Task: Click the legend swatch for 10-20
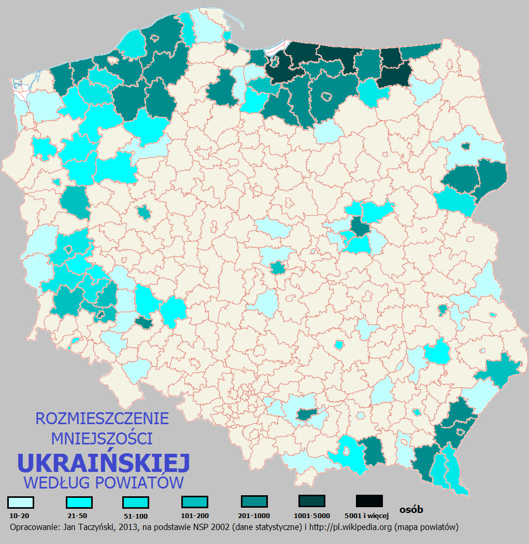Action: (21, 503)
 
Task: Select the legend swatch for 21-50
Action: (79, 503)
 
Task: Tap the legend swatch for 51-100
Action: (136, 503)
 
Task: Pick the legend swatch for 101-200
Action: (195, 502)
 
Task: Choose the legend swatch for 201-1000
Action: (254, 501)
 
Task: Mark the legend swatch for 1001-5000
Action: (312, 501)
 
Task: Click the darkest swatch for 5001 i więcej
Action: (369, 501)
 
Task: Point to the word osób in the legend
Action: (411, 510)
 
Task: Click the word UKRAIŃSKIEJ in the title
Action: (104, 461)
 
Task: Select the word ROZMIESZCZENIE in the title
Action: (102, 419)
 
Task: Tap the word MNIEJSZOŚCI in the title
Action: (102, 439)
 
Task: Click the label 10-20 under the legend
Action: (20, 516)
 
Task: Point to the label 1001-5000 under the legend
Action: (312, 515)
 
